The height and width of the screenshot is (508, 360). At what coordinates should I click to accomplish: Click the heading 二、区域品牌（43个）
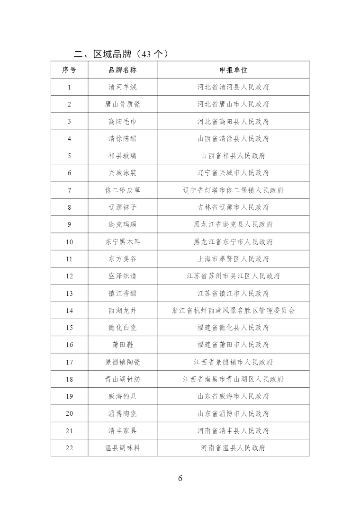(x=121, y=54)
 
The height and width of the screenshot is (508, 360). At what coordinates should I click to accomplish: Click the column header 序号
(x=69, y=70)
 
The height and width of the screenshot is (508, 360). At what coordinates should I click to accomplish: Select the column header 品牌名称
(x=123, y=70)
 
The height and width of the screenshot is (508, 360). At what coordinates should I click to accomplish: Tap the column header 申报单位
(x=233, y=70)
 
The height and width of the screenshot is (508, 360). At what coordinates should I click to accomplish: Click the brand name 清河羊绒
(x=123, y=87)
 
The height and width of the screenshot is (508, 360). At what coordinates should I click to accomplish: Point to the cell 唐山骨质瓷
(x=123, y=104)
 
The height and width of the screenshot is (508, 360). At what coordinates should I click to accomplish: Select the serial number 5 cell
(x=69, y=156)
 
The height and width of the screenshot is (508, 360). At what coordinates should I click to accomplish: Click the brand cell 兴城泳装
(x=123, y=173)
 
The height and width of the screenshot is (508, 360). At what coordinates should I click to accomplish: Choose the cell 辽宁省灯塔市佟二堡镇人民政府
(x=233, y=190)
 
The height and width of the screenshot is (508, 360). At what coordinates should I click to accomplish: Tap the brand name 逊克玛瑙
(x=123, y=224)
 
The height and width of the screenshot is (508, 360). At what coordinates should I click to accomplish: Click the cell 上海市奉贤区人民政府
(x=233, y=259)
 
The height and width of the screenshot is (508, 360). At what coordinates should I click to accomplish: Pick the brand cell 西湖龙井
(x=123, y=311)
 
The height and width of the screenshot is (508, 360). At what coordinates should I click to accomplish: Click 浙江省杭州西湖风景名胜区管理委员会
(x=233, y=311)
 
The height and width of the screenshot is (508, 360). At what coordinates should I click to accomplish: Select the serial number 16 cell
(x=69, y=345)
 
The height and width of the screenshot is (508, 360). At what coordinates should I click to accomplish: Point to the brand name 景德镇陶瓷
(x=123, y=362)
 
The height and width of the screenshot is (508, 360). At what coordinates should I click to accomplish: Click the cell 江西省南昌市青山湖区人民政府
(x=233, y=379)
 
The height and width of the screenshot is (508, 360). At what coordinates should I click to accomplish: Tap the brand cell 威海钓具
(x=123, y=396)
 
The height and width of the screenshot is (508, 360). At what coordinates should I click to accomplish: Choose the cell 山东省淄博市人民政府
(x=233, y=413)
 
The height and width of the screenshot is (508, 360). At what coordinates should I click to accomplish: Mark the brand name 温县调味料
(x=123, y=448)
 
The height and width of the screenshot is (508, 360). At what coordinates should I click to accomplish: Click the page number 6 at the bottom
(x=180, y=478)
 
